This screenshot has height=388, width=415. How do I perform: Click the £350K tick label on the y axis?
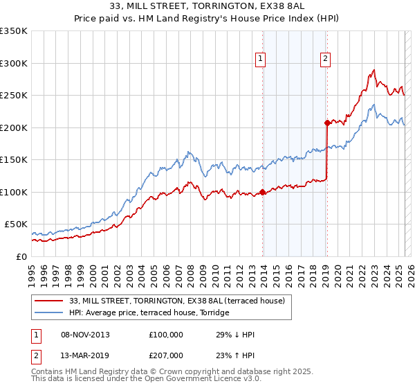14,31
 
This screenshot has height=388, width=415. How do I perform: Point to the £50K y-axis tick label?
17,224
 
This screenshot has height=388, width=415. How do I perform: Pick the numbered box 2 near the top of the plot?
325,60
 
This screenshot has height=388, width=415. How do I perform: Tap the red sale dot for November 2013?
263,192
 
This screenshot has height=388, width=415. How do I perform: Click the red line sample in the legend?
49,300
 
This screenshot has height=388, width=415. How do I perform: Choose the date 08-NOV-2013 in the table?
85,335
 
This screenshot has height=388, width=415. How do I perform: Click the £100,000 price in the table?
166,335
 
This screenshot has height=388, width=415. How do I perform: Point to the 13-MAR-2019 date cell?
85,355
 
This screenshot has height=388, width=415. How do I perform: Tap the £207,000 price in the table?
166,355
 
